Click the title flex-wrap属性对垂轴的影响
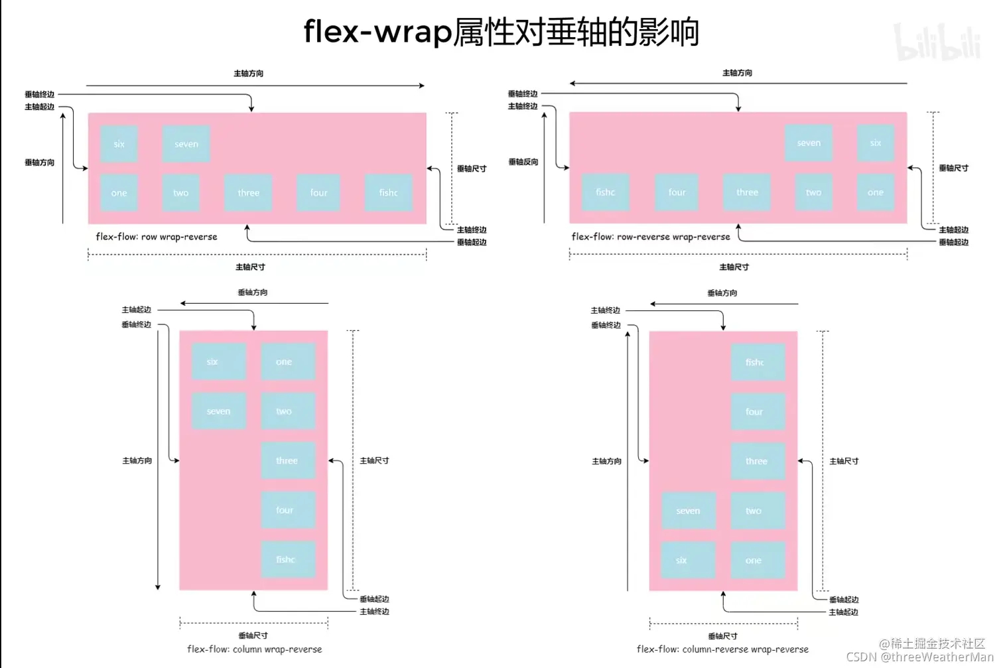click(x=501, y=32)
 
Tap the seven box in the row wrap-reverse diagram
click(x=186, y=144)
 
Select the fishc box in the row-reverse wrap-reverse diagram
click(x=605, y=192)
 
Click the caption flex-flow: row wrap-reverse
click(x=157, y=237)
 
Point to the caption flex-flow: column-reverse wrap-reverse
click(x=722, y=649)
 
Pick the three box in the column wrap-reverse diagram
click(x=287, y=460)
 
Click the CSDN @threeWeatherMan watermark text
click(x=919, y=657)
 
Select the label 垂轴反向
click(x=523, y=162)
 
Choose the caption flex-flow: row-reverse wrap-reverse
click(x=651, y=237)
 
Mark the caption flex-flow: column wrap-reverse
click(x=255, y=649)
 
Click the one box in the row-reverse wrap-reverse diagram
click(x=876, y=192)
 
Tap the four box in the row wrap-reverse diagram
click(x=319, y=193)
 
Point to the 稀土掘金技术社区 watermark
click(x=932, y=643)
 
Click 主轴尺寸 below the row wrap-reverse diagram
click(x=250, y=267)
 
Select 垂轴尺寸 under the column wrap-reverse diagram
click(x=253, y=635)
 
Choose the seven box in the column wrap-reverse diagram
click(x=219, y=411)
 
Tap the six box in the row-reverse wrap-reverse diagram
click(x=876, y=143)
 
